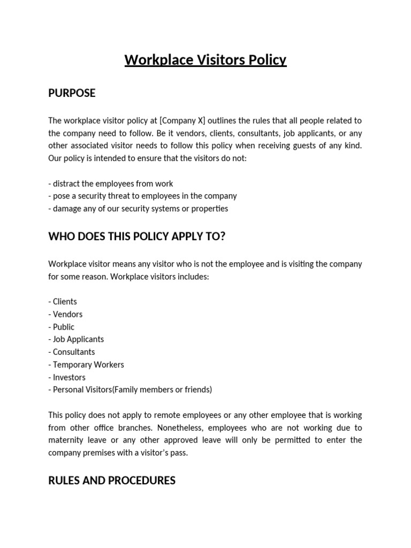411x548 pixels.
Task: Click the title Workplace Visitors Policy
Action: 205,60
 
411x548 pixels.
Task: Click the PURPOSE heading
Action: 72,93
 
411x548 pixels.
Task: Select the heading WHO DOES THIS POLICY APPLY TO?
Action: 136,237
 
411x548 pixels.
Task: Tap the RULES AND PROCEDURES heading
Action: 111,481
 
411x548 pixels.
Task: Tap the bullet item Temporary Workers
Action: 86,364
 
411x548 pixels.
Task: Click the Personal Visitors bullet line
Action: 130,390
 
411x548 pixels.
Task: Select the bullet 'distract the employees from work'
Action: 111,184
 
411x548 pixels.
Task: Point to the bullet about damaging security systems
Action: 138,209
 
